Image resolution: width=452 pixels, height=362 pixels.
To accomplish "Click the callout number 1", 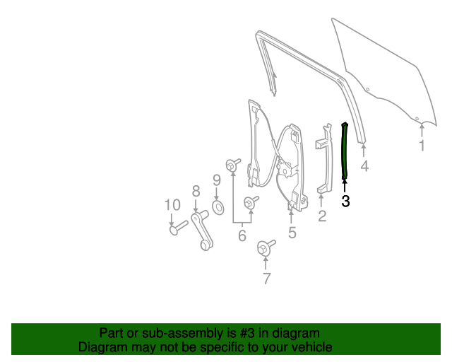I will click(x=422, y=146).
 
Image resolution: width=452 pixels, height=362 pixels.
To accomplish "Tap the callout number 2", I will click(x=322, y=216).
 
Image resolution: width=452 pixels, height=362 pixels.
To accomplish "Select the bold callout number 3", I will click(x=345, y=201).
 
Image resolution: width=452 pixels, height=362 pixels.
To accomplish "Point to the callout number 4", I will click(x=364, y=167).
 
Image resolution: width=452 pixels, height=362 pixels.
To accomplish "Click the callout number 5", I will click(x=292, y=232).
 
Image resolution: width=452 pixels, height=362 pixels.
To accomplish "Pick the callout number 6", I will click(x=242, y=235).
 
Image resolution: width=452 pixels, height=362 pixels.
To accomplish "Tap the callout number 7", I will click(x=266, y=279).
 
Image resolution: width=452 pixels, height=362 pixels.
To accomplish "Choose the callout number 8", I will click(x=196, y=190).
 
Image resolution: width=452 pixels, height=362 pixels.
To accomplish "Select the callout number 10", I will click(x=172, y=205).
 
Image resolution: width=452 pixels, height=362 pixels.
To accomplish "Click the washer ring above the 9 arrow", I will click(x=218, y=207).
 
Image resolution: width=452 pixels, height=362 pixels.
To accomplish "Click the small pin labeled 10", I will click(x=177, y=227).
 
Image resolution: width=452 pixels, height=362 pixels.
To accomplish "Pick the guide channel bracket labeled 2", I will click(x=323, y=159).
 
